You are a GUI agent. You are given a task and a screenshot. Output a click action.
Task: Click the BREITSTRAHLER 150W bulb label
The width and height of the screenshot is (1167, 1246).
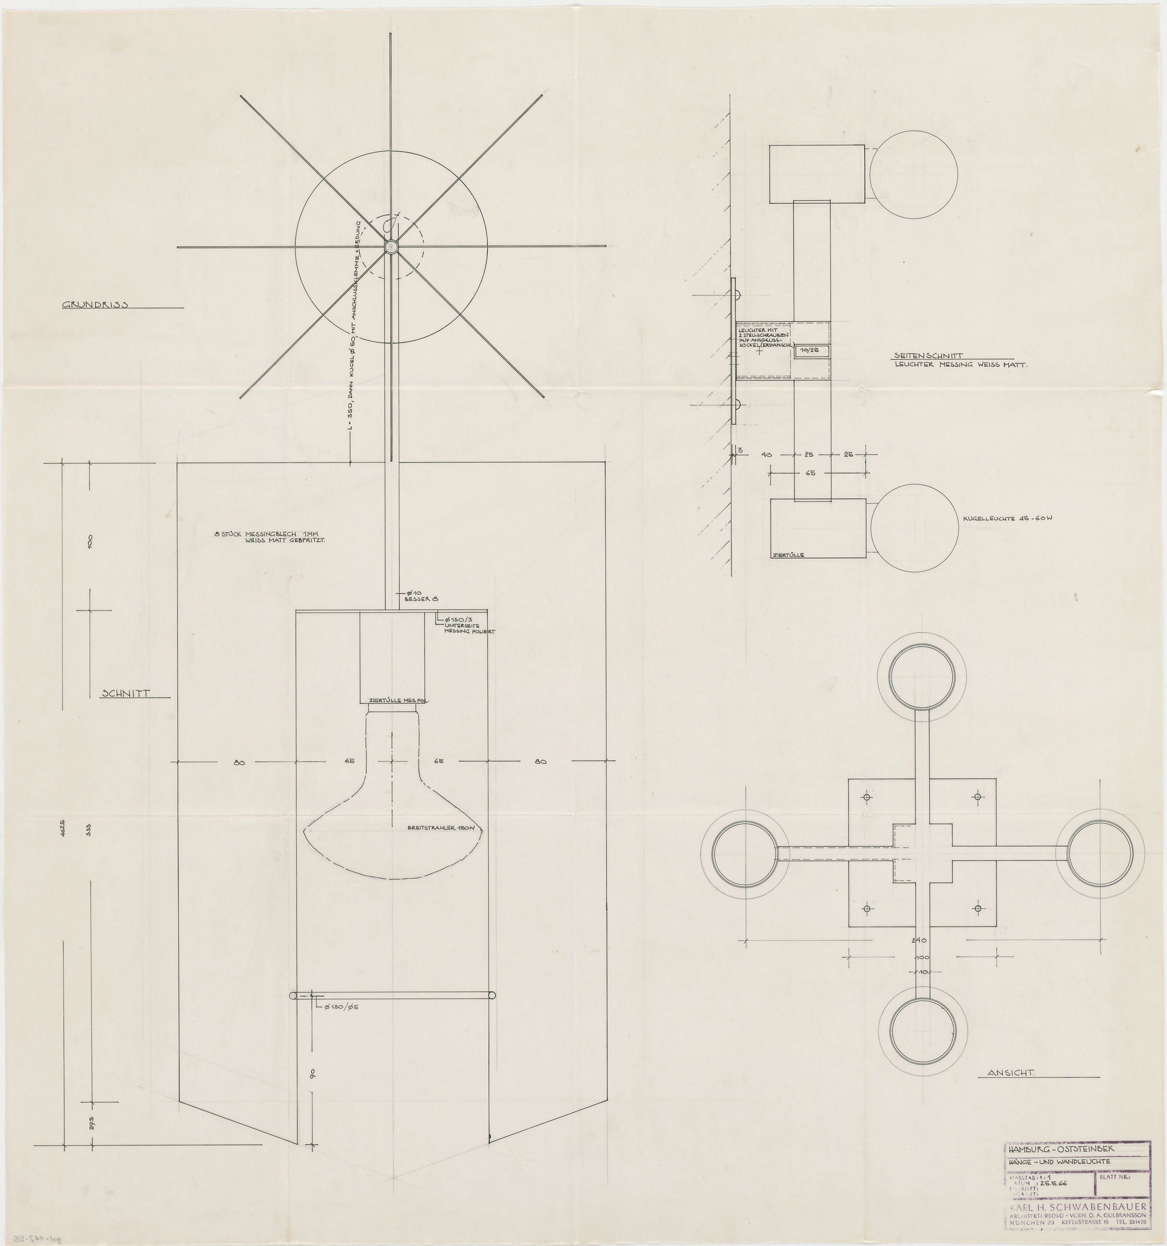pos(437,828)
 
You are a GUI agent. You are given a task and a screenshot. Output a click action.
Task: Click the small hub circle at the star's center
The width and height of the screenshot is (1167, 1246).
pos(391,246)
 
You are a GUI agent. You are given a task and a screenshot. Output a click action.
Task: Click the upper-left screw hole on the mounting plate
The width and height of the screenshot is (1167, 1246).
pos(867,798)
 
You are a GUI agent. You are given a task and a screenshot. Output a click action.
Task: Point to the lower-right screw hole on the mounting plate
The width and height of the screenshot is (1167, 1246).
pos(977,908)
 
